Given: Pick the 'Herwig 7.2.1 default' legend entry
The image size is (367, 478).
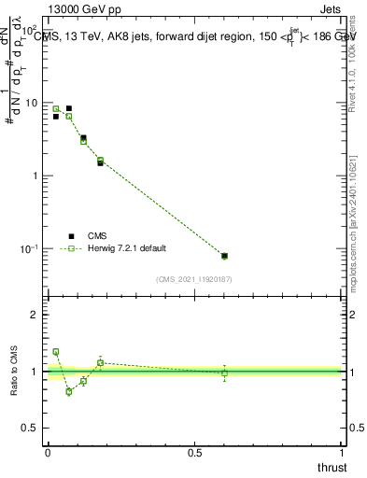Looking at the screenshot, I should (125, 249).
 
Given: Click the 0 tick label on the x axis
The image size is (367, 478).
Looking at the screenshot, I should (48, 453).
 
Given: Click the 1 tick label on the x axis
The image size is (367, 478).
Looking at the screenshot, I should (343, 453).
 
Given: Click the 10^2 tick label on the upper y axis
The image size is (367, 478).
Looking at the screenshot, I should (32, 30).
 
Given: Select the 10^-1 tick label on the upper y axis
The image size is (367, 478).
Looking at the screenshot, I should (31, 249).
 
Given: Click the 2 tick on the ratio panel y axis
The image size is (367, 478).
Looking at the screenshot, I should (37, 315).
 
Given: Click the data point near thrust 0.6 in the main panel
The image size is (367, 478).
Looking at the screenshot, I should (224, 256).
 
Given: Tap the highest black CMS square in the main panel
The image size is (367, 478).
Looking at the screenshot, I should (69, 108).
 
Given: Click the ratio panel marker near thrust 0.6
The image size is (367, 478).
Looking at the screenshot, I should (224, 373).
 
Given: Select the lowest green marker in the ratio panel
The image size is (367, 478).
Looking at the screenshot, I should (69, 391).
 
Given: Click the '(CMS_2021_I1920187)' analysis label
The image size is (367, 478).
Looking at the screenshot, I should (194, 278).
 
